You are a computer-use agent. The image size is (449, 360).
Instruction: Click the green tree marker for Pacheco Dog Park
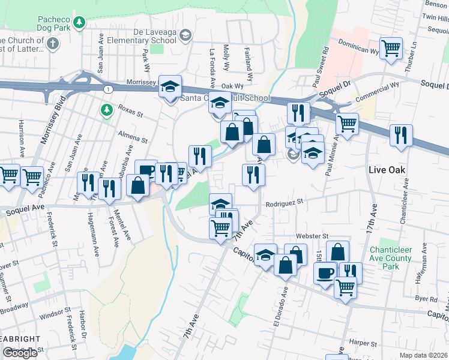coord(79,23)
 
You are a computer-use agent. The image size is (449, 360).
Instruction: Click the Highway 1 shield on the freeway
coord(107,89)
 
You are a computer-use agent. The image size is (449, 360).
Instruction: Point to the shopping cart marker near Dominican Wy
coord(391,48)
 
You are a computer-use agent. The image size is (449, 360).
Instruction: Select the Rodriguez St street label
coord(286,205)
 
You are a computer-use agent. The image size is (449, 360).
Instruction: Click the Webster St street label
coord(317,237)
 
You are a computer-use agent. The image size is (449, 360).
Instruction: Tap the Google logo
coord(20,353)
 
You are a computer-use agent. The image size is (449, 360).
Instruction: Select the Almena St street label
coord(133,136)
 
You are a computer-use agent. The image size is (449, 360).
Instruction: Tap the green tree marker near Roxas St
coord(106,110)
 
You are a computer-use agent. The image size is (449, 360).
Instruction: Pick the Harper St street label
coord(362,343)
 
